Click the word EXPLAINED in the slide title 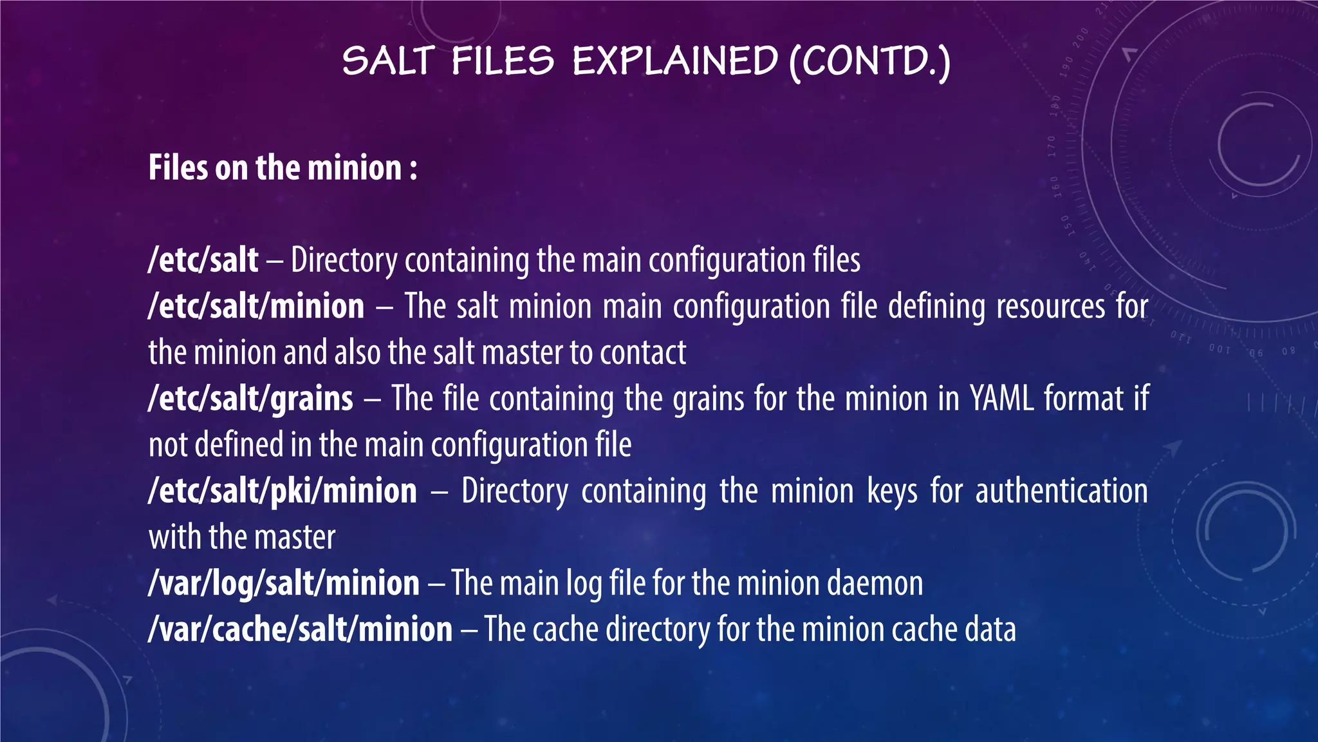pyautogui.click(x=675, y=61)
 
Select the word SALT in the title pyautogui.click(x=389, y=61)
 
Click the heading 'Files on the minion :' pyautogui.click(x=283, y=168)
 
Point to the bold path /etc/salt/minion pyautogui.click(x=256, y=306)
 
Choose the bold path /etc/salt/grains pyautogui.click(x=250, y=399)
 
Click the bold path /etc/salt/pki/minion pyautogui.click(x=283, y=491)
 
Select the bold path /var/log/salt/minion pyautogui.click(x=284, y=583)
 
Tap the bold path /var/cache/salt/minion pyautogui.click(x=301, y=629)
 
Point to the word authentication pyautogui.click(x=1061, y=491)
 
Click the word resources pyautogui.click(x=1050, y=306)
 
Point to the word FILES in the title pyautogui.click(x=502, y=61)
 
